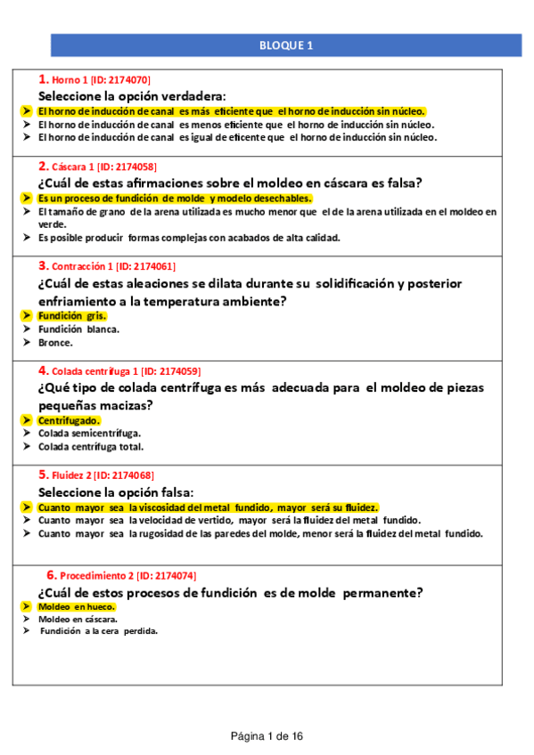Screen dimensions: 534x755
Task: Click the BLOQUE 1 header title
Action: click(285, 45)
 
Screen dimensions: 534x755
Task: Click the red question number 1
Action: click(44, 79)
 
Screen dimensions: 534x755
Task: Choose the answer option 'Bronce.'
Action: click(55, 342)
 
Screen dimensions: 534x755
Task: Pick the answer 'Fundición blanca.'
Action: click(78, 329)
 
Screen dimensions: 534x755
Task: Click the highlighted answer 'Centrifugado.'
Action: click(69, 420)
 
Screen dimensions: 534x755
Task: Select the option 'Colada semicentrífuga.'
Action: click(89, 434)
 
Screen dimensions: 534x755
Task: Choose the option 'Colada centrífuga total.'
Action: click(91, 446)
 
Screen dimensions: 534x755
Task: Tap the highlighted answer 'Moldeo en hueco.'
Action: click(77, 606)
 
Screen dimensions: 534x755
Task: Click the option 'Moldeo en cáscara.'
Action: click(78, 619)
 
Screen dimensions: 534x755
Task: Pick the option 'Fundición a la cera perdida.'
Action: click(99, 631)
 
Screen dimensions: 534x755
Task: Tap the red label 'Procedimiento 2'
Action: click(97, 575)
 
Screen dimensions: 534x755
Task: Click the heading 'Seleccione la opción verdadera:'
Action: click(132, 95)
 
